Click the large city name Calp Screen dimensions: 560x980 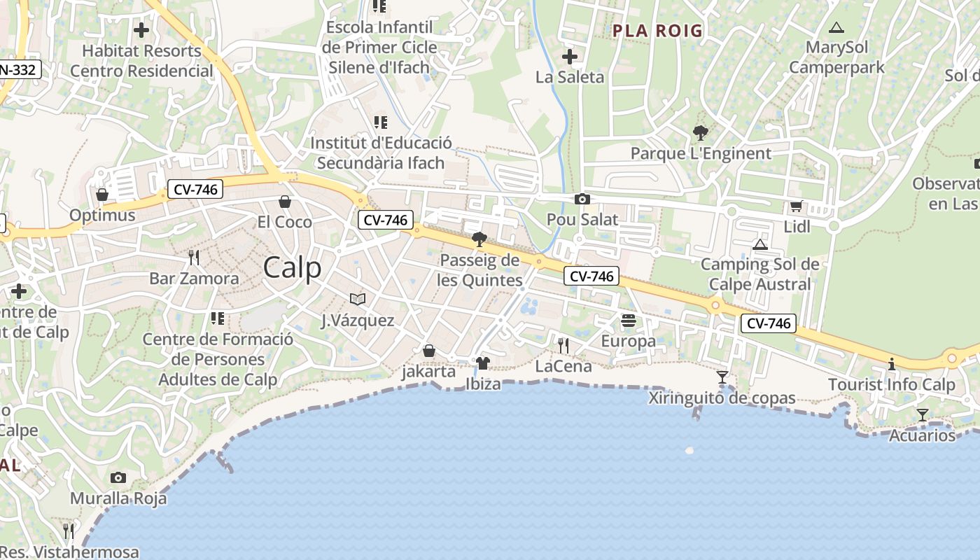(293, 268)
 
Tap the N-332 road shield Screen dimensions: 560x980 (20, 69)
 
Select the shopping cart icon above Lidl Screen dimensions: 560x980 (796, 206)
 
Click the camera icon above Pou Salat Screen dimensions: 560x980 (582, 199)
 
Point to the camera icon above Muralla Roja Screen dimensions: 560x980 (118, 478)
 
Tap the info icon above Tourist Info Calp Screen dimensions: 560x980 (892, 365)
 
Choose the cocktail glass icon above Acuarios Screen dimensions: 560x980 (923, 415)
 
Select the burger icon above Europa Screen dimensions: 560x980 (629, 321)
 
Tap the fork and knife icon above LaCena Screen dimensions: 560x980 (563, 345)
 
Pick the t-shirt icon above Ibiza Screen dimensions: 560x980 (483, 363)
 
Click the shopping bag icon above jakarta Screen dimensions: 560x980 (428, 351)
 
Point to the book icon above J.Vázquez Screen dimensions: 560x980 (358, 300)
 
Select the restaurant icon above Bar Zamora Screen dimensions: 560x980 (194, 258)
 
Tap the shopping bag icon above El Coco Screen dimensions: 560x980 (285, 202)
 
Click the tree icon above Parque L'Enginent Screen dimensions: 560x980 (700, 132)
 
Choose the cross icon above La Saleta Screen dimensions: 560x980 (570, 56)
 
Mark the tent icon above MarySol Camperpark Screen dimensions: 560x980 (836, 28)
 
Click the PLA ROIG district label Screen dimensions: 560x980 (657, 31)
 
